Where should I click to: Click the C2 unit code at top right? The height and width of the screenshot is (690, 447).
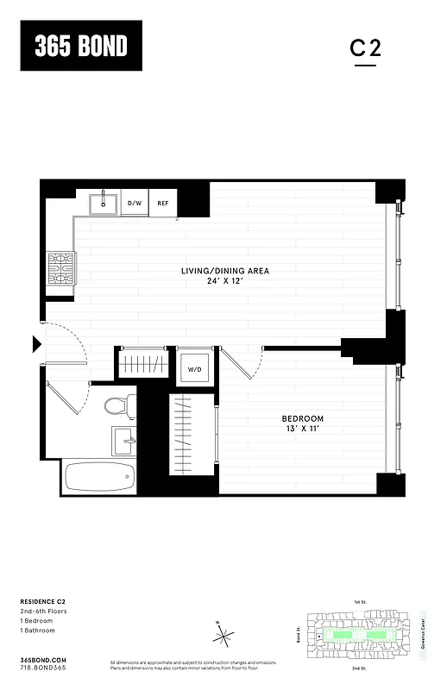point(365,49)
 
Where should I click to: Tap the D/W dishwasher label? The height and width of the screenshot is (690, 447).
point(135,204)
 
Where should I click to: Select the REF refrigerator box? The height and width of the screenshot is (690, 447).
point(162,204)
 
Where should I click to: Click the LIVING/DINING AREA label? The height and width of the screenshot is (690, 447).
point(225,271)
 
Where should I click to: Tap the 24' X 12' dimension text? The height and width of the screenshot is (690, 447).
point(225,281)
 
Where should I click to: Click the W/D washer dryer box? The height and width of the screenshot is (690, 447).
point(194,369)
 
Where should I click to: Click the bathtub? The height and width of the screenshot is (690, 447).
point(98,475)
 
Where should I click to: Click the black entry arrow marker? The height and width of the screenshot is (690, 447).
point(36,345)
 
